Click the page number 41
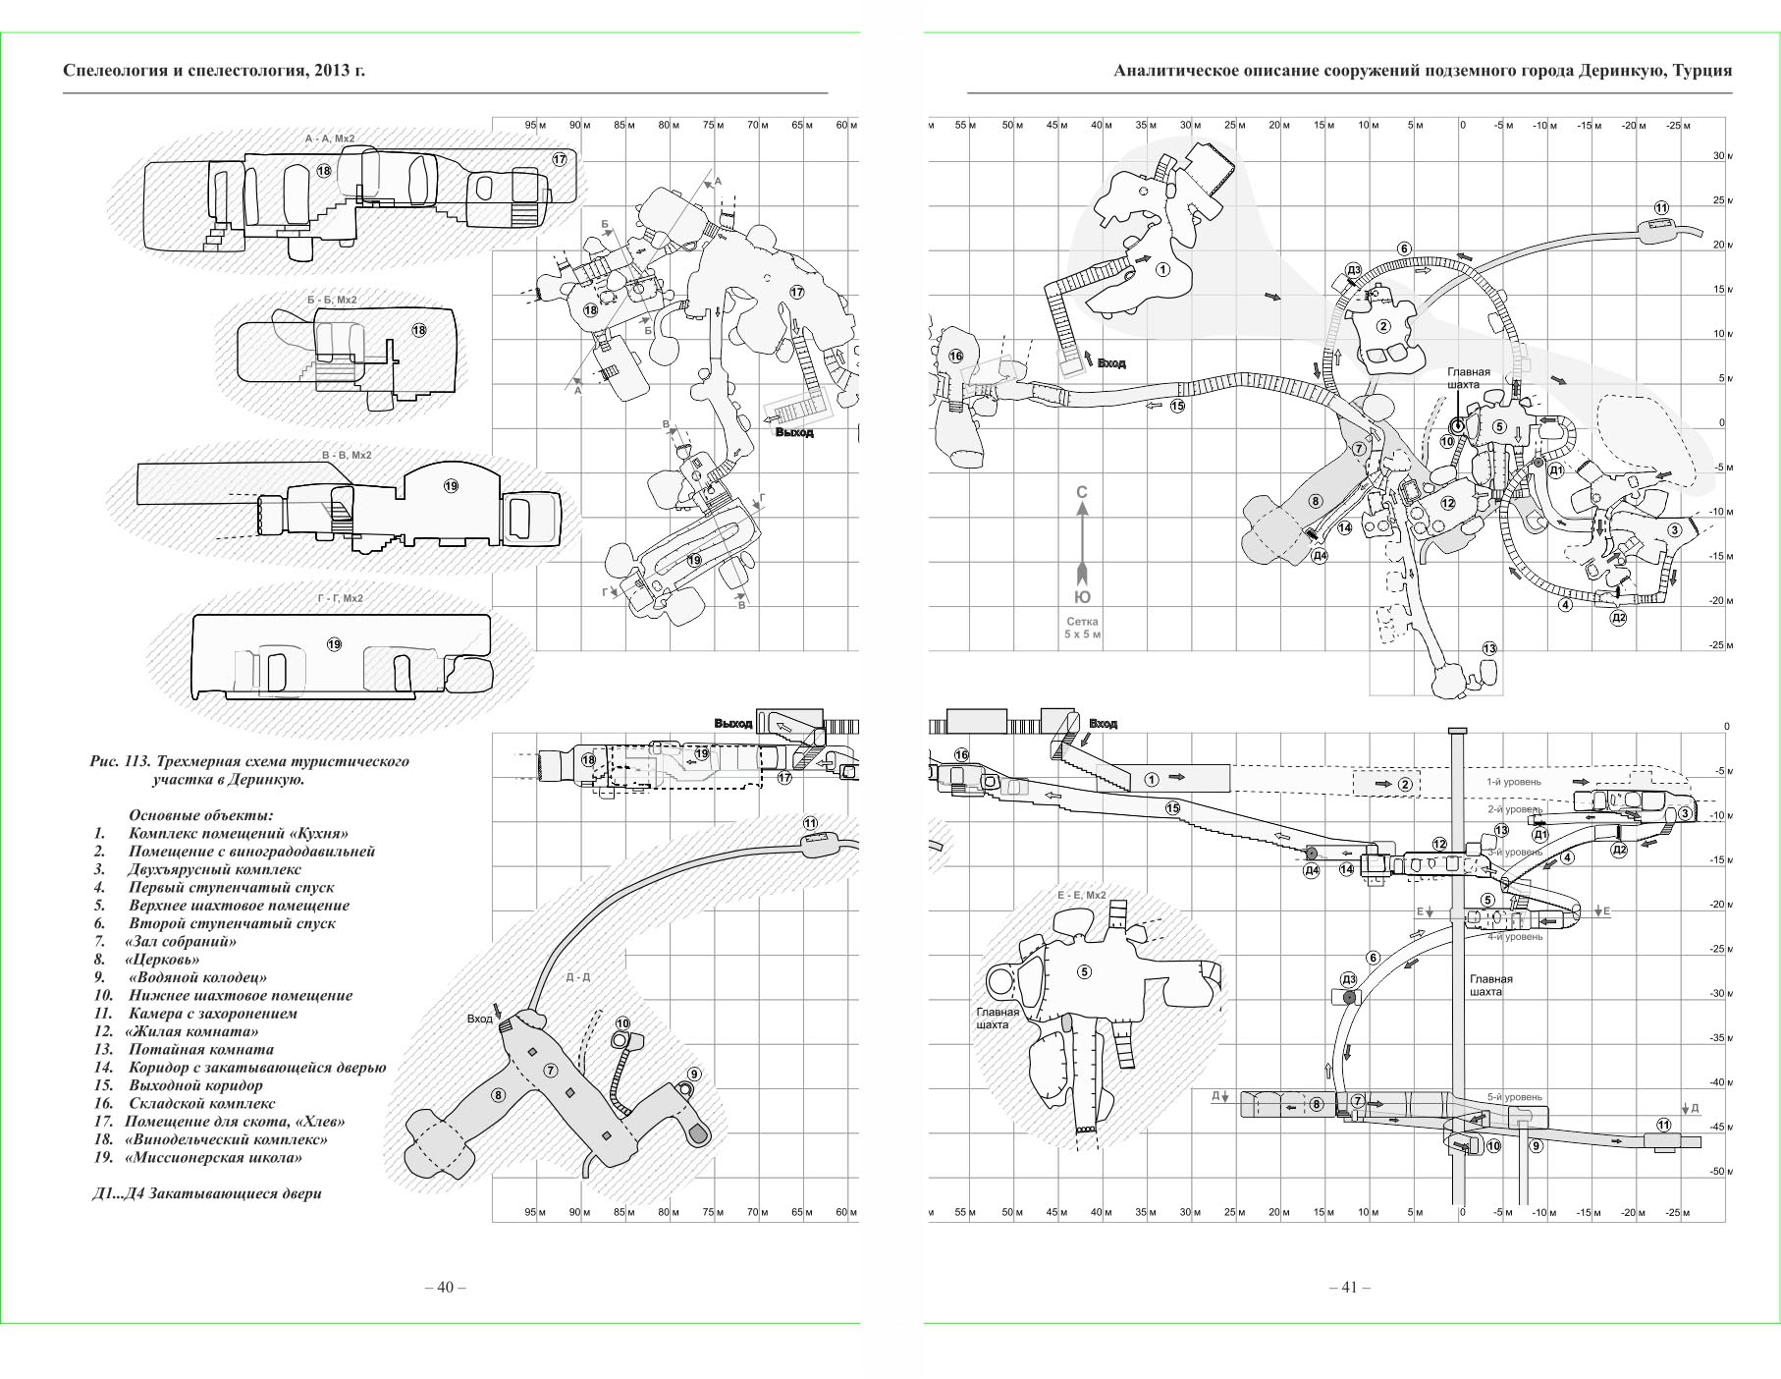click(x=1349, y=1287)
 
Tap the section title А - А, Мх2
click(x=330, y=139)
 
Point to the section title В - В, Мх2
click(x=347, y=456)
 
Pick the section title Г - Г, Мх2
click(x=334, y=598)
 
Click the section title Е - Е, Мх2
click(x=1081, y=896)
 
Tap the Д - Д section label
click(x=578, y=977)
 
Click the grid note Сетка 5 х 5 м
click(x=1082, y=628)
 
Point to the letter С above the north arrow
click(x=1082, y=492)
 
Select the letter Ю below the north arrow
click(x=1082, y=597)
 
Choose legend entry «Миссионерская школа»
click(x=213, y=1157)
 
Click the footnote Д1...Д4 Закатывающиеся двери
click(x=206, y=1193)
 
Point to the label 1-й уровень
click(x=1513, y=782)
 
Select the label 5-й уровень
click(x=1514, y=1097)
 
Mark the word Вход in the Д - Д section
click(x=479, y=1019)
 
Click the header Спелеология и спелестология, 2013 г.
click(x=213, y=71)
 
